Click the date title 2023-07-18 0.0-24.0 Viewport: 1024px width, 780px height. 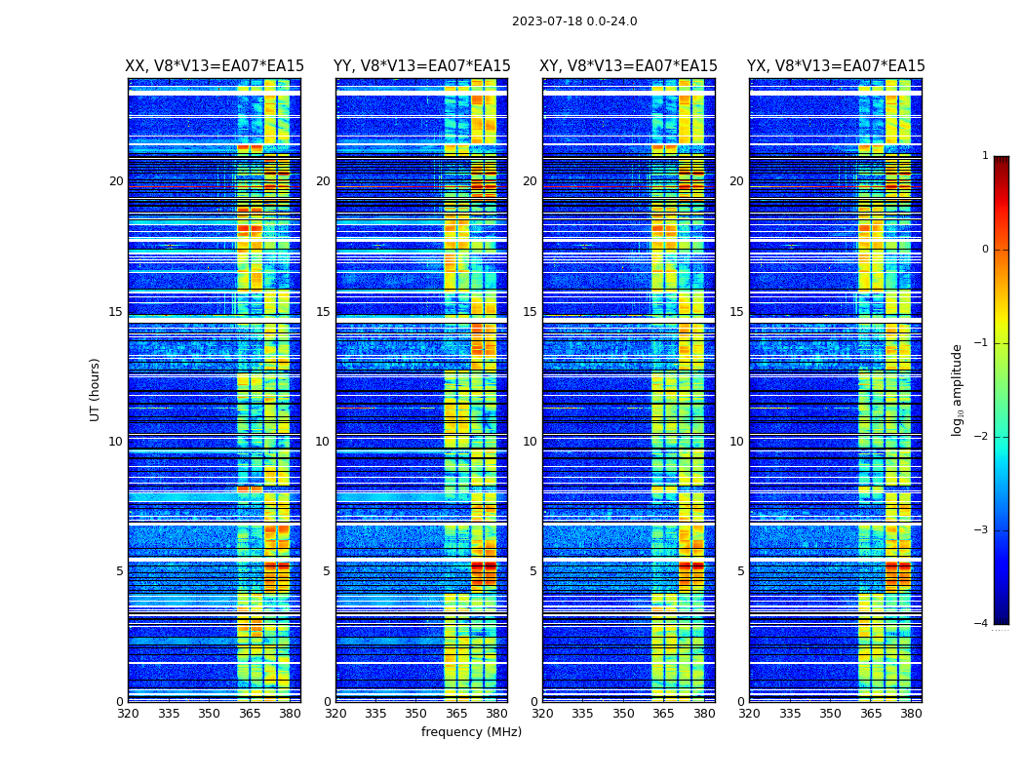574,21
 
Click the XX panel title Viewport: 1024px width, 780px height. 215,66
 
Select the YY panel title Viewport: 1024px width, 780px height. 421,66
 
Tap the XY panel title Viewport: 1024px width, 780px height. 628,66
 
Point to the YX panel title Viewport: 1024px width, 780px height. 836,66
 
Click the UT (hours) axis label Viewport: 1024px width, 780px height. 96,389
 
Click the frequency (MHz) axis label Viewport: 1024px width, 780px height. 471,732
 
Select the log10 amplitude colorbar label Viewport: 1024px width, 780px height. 957,389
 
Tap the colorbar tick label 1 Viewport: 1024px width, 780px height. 984,156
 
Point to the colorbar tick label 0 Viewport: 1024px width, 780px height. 984,250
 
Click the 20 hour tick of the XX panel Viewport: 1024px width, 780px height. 116,181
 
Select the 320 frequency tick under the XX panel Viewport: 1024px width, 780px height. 128,714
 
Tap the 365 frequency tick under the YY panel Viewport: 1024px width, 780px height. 456,714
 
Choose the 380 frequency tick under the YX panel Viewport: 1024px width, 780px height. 911,714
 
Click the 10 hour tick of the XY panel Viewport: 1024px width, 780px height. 530,442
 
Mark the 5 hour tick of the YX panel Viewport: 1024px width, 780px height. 740,571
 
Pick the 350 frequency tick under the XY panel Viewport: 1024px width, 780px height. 623,714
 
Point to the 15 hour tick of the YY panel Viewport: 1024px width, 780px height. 323,312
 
